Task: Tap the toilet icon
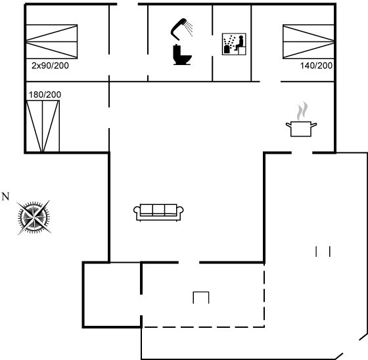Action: coord(182,55)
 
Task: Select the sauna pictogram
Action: coord(234,44)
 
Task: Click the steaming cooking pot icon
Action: coord(301,119)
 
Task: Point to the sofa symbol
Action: coord(158,212)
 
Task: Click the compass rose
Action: coord(34,217)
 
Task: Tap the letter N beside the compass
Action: coord(5,196)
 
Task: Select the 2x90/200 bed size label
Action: coord(50,66)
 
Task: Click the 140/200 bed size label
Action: coord(316,66)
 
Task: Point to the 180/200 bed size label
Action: coord(45,95)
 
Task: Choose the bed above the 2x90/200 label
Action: coord(52,41)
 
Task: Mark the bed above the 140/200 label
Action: coord(308,41)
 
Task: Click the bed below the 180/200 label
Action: coord(43,126)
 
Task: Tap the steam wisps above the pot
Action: coord(302,111)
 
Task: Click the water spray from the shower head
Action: coord(189,29)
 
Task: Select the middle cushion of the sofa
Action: coord(158,210)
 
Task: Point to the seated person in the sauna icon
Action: coord(240,43)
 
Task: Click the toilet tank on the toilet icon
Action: coord(176,50)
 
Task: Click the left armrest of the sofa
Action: coord(137,210)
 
